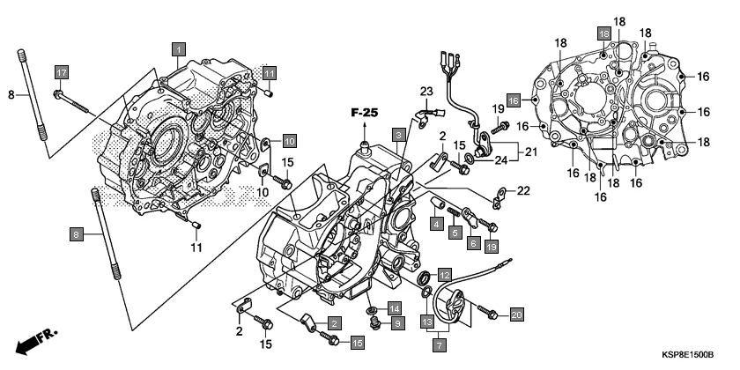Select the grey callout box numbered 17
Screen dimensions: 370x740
(x=61, y=71)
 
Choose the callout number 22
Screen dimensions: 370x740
(x=524, y=190)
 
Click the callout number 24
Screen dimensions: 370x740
(x=500, y=159)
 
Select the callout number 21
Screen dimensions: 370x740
(x=531, y=152)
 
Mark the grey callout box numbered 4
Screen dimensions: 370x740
(x=436, y=225)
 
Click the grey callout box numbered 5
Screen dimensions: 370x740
(x=455, y=233)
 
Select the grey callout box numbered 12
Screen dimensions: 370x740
(x=445, y=274)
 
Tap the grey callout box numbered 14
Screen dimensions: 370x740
(x=395, y=308)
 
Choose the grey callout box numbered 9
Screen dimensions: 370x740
(x=396, y=324)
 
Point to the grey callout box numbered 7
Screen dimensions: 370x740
(x=437, y=342)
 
